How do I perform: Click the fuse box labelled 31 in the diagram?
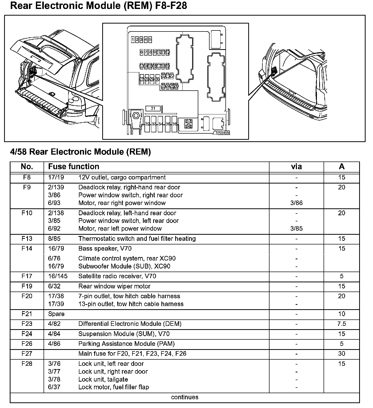click(x=153, y=109)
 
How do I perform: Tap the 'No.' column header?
click(x=27, y=167)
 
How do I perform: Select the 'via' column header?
click(x=296, y=167)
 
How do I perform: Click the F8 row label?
click(x=27, y=177)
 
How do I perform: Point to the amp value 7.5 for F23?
click(x=341, y=324)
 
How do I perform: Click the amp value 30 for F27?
click(x=341, y=354)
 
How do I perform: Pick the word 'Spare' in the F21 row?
click(x=56, y=314)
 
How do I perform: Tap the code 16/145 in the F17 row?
click(x=58, y=276)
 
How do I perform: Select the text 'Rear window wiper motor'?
click(x=114, y=286)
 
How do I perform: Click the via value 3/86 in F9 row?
click(x=296, y=203)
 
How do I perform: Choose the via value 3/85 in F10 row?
click(x=296, y=229)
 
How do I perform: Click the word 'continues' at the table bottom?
click(x=185, y=397)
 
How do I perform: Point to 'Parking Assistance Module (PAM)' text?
click(x=127, y=344)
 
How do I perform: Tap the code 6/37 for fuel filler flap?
click(x=54, y=387)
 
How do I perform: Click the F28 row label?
click(x=27, y=364)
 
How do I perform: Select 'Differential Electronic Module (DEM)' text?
click(x=130, y=324)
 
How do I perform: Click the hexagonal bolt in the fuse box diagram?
click(x=136, y=116)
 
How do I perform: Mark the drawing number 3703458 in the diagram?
click(x=222, y=133)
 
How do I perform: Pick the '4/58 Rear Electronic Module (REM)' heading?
click(x=80, y=152)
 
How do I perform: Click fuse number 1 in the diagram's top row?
click(x=133, y=39)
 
